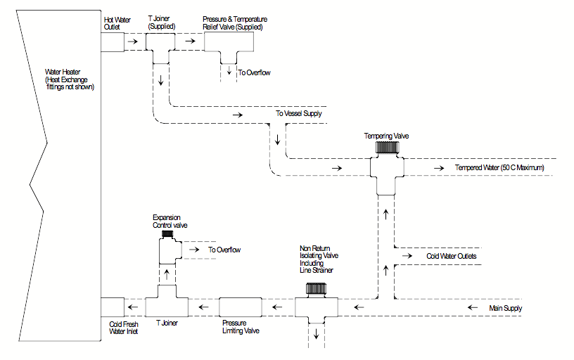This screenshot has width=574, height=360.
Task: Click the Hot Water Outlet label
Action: click(x=116, y=24)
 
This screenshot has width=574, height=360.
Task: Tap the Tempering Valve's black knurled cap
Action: click(x=385, y=148)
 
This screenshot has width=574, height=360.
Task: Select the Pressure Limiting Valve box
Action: click(x=241, y=307)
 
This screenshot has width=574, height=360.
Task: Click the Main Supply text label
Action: click(x=506, y=309)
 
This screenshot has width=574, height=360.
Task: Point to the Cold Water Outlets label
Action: click(x=452, y=257)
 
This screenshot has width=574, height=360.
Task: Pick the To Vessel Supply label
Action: click(x=299, y=113)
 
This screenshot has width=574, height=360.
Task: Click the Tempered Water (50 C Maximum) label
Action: click(x=493, y=168)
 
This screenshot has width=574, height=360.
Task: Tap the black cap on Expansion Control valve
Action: click(x=167, y=233)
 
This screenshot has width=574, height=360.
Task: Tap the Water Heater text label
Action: click(x=69, y=79)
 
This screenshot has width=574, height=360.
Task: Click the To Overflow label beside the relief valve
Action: click(x=254, y=72)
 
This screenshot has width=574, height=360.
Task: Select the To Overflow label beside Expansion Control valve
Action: click(x=224, y=250)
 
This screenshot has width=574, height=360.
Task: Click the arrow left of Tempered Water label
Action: click(x=440, y=169)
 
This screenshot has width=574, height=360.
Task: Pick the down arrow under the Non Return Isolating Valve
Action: click(x=316, y=334)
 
